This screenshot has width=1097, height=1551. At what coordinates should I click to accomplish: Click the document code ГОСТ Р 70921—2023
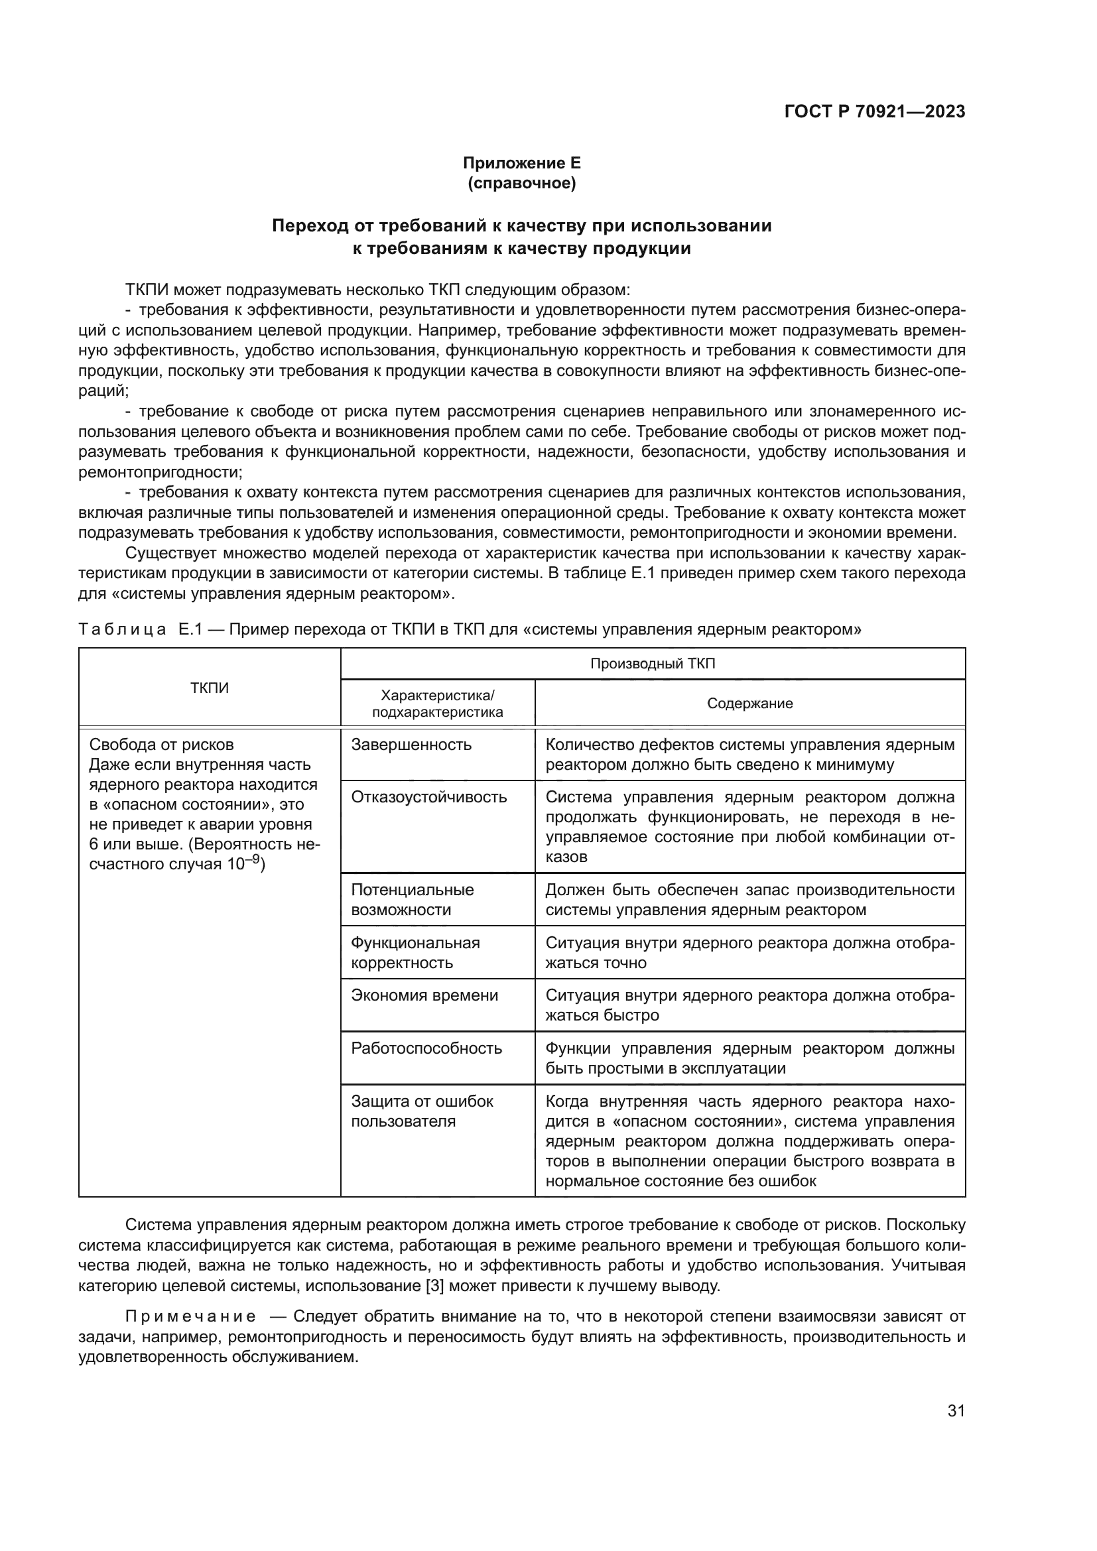(875, 111)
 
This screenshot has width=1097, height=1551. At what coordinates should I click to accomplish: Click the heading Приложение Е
(521, 163)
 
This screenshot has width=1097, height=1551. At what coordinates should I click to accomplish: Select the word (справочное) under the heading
(521, 183)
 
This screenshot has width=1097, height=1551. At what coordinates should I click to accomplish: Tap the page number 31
(956, 1410)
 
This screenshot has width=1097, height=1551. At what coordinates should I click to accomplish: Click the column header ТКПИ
(210, 688)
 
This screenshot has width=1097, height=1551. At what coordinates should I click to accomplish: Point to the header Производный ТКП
(653, 663)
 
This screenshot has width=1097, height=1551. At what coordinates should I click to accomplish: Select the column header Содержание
(750, 703)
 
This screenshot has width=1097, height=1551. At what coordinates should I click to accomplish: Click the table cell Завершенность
(411, 745)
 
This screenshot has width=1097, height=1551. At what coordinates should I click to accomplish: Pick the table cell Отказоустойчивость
(429, 796)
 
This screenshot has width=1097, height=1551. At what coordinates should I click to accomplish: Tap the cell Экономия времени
(424, 995)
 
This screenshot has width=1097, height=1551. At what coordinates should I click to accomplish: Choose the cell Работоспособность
(426, 1048)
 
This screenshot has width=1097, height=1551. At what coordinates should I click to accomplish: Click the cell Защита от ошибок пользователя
(422, 1111)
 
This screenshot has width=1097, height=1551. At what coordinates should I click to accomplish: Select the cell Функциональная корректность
(415, 952)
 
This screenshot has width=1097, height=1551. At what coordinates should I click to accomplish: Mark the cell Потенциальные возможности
(412, 899)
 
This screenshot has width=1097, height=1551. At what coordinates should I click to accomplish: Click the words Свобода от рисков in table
(161, 745)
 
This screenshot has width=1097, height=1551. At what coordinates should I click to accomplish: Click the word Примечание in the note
(190, 1317)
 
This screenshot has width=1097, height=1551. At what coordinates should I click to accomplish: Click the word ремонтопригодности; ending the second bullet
(160, 472)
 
